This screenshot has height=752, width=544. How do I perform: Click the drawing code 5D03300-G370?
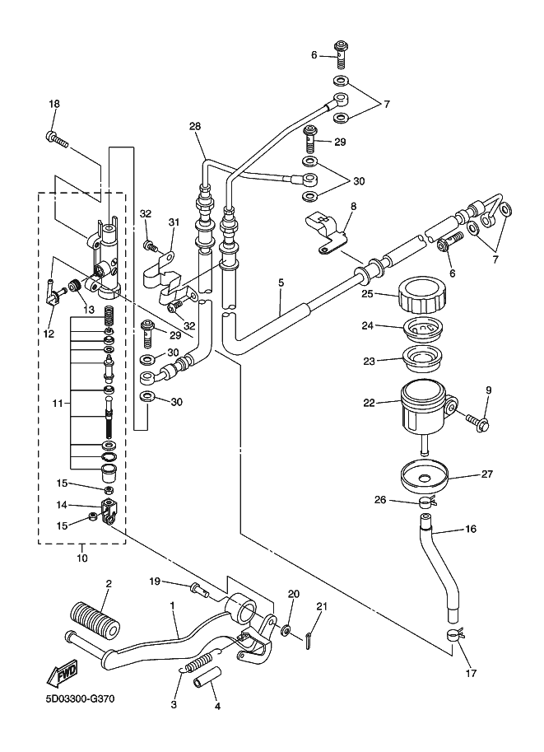point(81,698)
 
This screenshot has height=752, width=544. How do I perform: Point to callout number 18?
point(54,104)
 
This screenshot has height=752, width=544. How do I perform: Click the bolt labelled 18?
point(57,139)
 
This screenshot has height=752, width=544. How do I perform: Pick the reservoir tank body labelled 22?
point(427,413)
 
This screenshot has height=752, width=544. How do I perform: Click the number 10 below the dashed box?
point(82,558)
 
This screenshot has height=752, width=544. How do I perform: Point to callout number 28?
point(195,127)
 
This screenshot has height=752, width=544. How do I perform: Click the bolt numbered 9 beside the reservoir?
point(477,422)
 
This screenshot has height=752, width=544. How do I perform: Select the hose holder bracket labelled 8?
point(324,231)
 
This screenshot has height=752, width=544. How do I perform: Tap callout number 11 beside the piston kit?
point(58,404)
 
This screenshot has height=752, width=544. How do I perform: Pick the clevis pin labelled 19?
point(200,589)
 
